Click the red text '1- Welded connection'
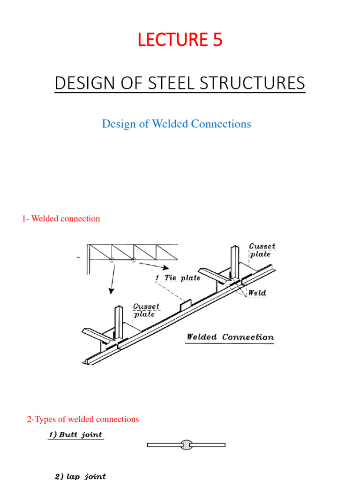pyautogui.click(x=61, y=218)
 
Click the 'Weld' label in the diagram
pyautogui.click(x=257, y=293)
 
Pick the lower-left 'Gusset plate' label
pyautogui.click(x=146, y=310)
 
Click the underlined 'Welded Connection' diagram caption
pyautogui.click(x=230, y=337)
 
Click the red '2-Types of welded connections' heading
pyautogui.click(x=83, y=419)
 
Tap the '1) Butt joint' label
pyautogui.click(x=75, y=435)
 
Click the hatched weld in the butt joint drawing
pyautogui.click(x=186, y=445)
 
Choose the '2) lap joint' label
pyautogui.click(x=80, y=476)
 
